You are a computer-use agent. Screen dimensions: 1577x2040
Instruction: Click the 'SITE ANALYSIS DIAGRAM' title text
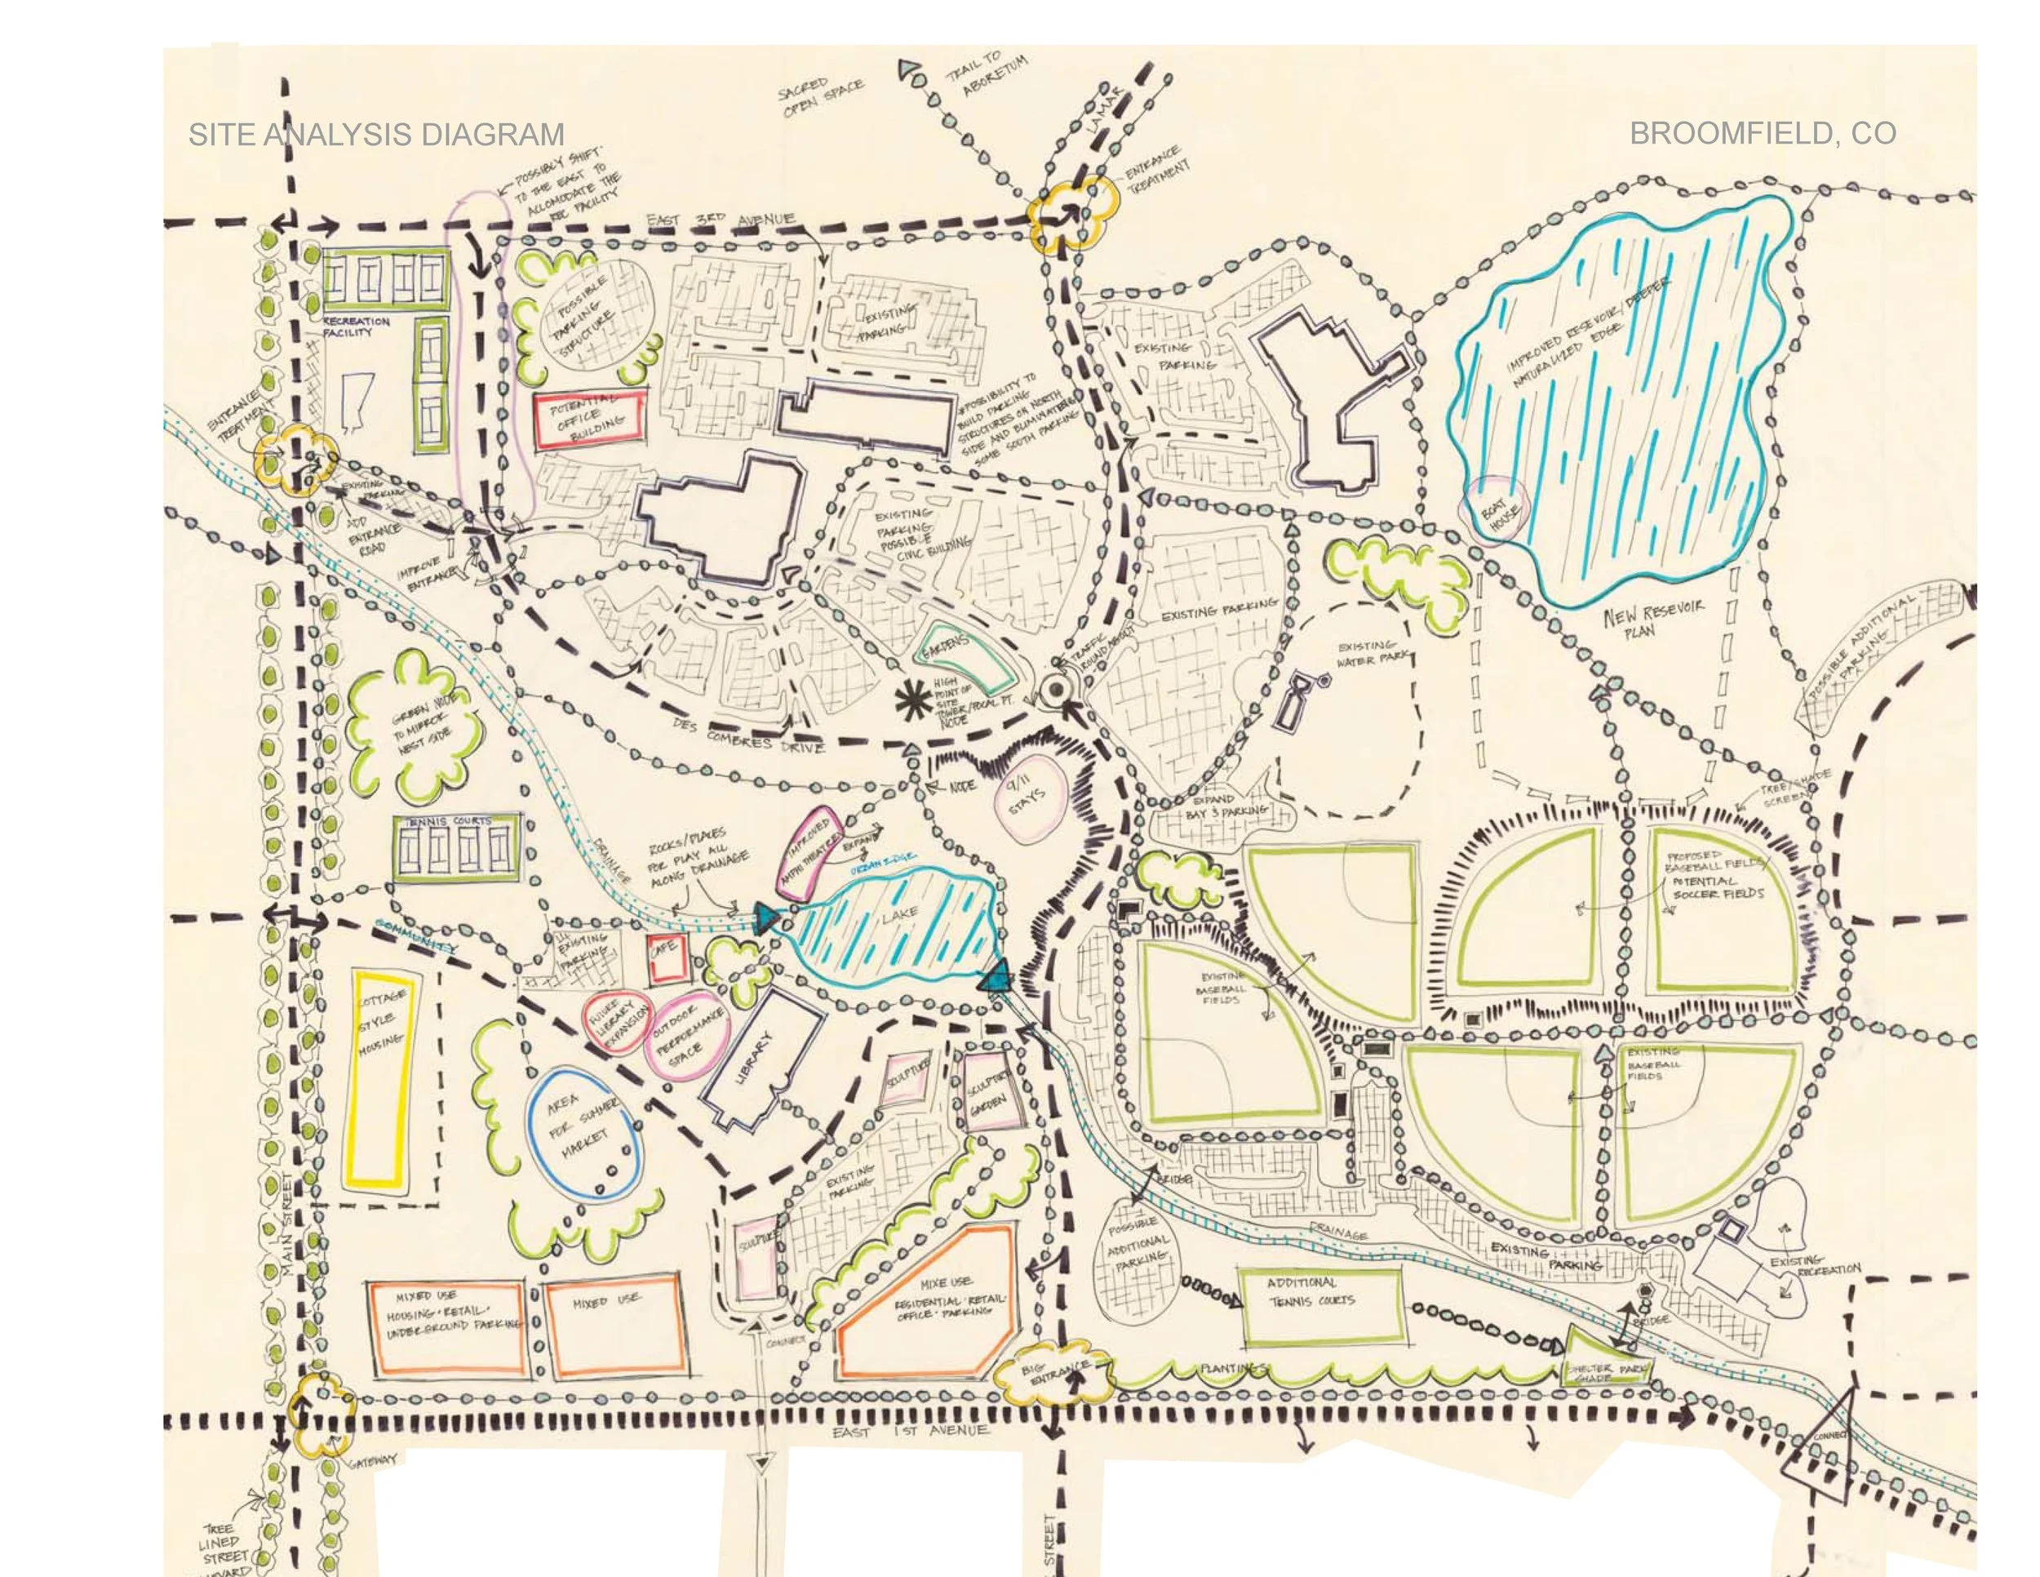point(376,135)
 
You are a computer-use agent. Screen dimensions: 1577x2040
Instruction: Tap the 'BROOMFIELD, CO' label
point(1763,134)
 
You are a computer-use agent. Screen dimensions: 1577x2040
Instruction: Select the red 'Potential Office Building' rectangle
point(588,422)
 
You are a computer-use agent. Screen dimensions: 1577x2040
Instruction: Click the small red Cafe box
point(667,958)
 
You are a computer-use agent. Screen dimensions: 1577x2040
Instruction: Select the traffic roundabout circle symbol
point(1055,690)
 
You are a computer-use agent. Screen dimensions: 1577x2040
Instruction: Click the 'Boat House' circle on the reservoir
point(1496,509)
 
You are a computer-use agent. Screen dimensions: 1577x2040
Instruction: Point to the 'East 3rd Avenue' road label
point(721,221)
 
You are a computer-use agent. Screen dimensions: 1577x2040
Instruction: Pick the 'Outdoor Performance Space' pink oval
point(690,1034)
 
